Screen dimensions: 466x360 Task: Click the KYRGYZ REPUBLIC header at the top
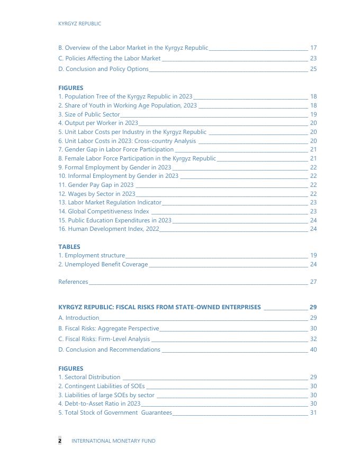click(79, 24)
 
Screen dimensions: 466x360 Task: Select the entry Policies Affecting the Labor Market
click(110, 58)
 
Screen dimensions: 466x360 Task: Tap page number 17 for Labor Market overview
click(313, 48)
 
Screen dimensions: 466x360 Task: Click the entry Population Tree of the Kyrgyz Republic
click(125, 96)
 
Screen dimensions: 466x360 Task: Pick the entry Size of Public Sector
click(89, 114)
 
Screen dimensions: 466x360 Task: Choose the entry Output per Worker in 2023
click(98, 123)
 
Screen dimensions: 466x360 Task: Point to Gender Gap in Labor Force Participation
click(116, 149)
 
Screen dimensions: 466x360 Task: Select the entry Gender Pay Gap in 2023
click(96, 185)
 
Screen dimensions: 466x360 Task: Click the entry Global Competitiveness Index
click(104, 211)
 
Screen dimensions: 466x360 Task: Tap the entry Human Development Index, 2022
click(109, 229)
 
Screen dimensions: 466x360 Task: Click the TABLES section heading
click(69, 247)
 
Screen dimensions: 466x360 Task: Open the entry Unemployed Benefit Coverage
click(103, 264)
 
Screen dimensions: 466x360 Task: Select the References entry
click(73, 282)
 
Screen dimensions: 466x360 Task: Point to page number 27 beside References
click(313, 282)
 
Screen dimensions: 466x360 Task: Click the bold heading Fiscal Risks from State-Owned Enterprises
click(159, 307)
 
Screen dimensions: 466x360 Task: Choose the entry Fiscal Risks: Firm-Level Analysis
click(104, 339)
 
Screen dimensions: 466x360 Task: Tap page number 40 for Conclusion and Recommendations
click(313, 349)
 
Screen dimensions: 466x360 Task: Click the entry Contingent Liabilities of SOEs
click(101, 386)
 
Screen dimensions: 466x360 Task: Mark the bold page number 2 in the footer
click(60, 441)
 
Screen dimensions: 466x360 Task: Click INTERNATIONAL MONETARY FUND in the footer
click(113, 441)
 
